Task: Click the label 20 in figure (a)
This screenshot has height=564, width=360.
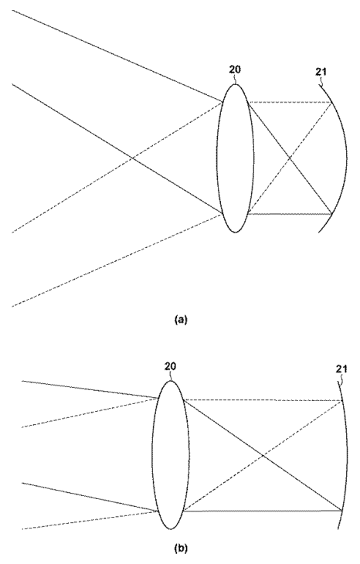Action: tap(235, 70)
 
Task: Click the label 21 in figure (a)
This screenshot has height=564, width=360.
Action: tap(321, 72)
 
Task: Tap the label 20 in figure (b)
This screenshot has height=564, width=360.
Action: tap(170, 366)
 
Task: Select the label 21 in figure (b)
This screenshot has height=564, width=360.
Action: tap(341, 369)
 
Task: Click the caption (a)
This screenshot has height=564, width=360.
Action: tap(181, 320)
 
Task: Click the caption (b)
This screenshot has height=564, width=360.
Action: tap(181, 549)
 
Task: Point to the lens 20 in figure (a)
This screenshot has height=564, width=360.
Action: tap(235, 158)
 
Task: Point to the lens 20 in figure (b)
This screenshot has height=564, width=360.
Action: tap(171, 455)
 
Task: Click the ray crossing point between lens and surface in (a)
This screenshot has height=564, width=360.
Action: tap(290, 158)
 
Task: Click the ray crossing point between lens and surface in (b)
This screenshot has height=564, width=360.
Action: tap(263, 456)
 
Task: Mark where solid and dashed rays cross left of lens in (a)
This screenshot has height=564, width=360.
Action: tap(132, 158)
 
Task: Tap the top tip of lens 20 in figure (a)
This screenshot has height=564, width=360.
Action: tap(235, 84)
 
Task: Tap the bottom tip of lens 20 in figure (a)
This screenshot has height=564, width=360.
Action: tap(235, 233)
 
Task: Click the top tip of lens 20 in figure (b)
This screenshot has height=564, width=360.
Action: tap(171, 381)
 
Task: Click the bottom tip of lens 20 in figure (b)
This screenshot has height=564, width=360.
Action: tap(171, 529)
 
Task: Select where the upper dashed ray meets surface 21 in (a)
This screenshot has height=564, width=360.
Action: tap(331, 103)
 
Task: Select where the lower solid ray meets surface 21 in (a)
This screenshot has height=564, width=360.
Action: tap(331, 214)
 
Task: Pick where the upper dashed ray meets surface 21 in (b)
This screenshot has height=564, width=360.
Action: tap(341, 400)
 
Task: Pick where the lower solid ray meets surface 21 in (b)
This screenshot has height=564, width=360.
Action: tap(341, 511)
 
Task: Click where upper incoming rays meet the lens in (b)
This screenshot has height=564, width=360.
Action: tap(158, 398)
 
